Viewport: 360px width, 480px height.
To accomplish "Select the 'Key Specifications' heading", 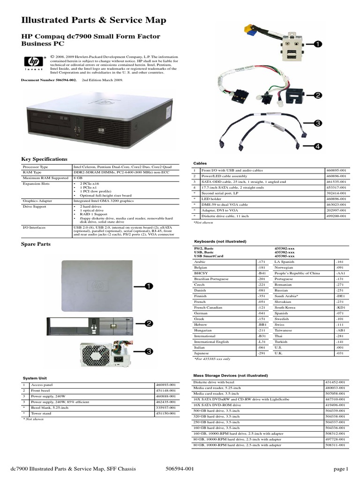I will [45, 159].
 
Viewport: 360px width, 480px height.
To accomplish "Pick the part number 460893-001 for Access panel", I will [166, 385].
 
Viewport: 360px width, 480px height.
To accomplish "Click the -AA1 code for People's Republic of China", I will [340, 273].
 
